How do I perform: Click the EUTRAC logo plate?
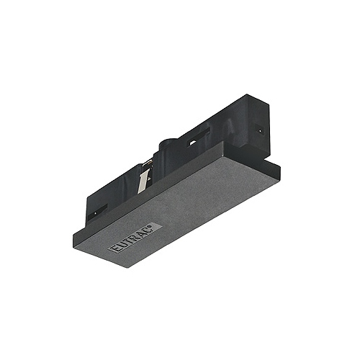[135, 238]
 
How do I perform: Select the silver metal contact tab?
[143, 180]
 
